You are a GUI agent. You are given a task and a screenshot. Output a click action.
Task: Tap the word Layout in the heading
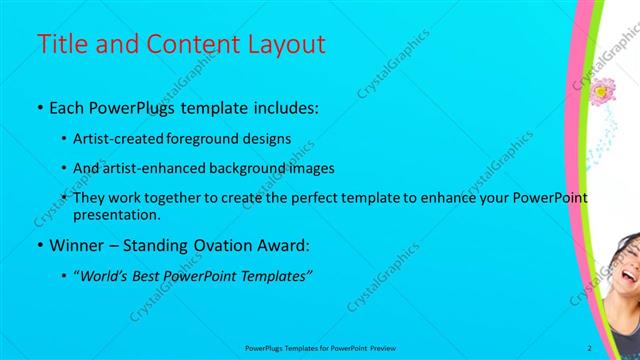pos(289,45)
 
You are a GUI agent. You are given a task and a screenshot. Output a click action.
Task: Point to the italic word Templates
pos(276,276)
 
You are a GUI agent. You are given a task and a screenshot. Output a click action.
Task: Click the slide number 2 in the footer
pos(590,348)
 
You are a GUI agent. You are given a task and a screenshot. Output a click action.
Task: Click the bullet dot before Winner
pos(39,245)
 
